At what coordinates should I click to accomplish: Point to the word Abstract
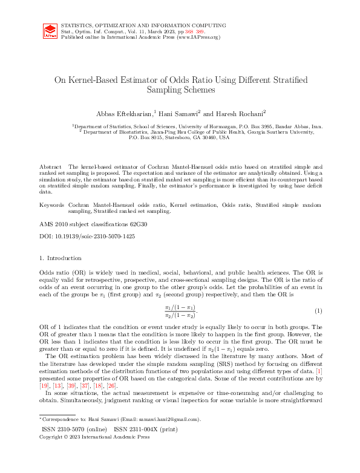pos(50,166)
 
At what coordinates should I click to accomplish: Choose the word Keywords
pos(51,206)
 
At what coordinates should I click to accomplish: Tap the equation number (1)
pos(317,311)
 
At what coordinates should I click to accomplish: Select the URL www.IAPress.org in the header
pos(198,36)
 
